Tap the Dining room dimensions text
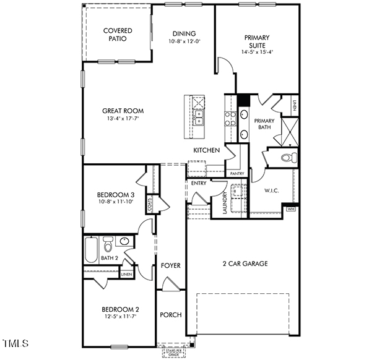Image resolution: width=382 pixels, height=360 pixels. [184, 41]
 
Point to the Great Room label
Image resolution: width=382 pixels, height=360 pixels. [123, 111]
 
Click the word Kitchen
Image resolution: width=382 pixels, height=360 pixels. [206, 150]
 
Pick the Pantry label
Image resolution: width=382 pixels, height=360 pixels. [237, 174]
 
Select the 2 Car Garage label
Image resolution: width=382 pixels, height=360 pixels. [245, 264]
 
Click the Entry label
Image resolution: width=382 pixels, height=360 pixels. [199, 183]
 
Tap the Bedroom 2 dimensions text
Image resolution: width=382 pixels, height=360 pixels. [120, 316]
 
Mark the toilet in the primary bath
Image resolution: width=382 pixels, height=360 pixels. [287, 157]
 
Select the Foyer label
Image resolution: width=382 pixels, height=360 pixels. [171, 265]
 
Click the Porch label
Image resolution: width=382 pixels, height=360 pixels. [171, 315]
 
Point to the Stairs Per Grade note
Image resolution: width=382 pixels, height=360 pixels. [174, 353]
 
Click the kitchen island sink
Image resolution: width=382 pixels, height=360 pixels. [199, 118]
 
